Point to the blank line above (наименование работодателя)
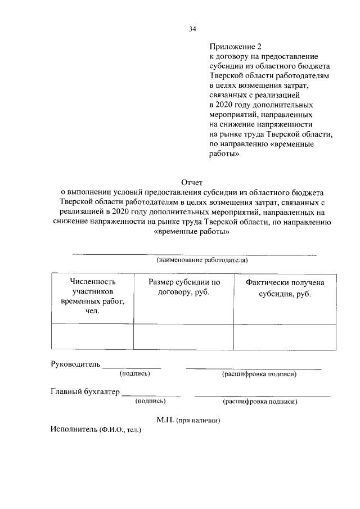tap(194, 255)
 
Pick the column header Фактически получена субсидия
tap(285, 289)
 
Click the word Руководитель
tap(76, 364)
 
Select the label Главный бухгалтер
tap(85, 392)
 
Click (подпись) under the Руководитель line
tap(134, 373)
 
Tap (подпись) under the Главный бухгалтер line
tap(150, 401)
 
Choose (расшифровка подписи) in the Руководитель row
tap(259, 373)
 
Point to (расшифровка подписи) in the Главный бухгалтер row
tap(260, 401)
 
